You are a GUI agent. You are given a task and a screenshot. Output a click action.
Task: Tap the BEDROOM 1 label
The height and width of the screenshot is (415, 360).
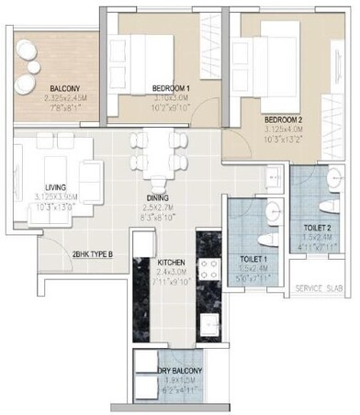(173, 88)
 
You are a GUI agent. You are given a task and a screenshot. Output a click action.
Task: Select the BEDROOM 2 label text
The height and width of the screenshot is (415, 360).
(286, 119)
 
